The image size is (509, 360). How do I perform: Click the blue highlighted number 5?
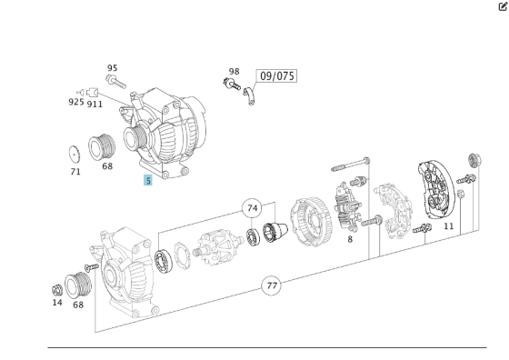(x=148, y=181)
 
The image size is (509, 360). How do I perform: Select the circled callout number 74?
(x=253, y=208)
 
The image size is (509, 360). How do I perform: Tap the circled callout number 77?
(x=271, y=285)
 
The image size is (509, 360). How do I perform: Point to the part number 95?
(x=112, y=68)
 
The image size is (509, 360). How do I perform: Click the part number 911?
(x=95, y=105)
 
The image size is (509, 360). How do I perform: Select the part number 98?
(x=234, y=72)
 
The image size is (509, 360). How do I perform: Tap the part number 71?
(x=75, y=172)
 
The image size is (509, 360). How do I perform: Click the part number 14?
(x=57, y=303)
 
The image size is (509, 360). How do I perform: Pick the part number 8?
(x=350, y=239)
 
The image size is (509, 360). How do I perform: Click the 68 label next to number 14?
(x=79, y=304)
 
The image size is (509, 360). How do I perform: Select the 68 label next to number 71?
(x=107, y=167)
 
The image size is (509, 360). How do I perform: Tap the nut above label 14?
(x=57, y=289)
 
